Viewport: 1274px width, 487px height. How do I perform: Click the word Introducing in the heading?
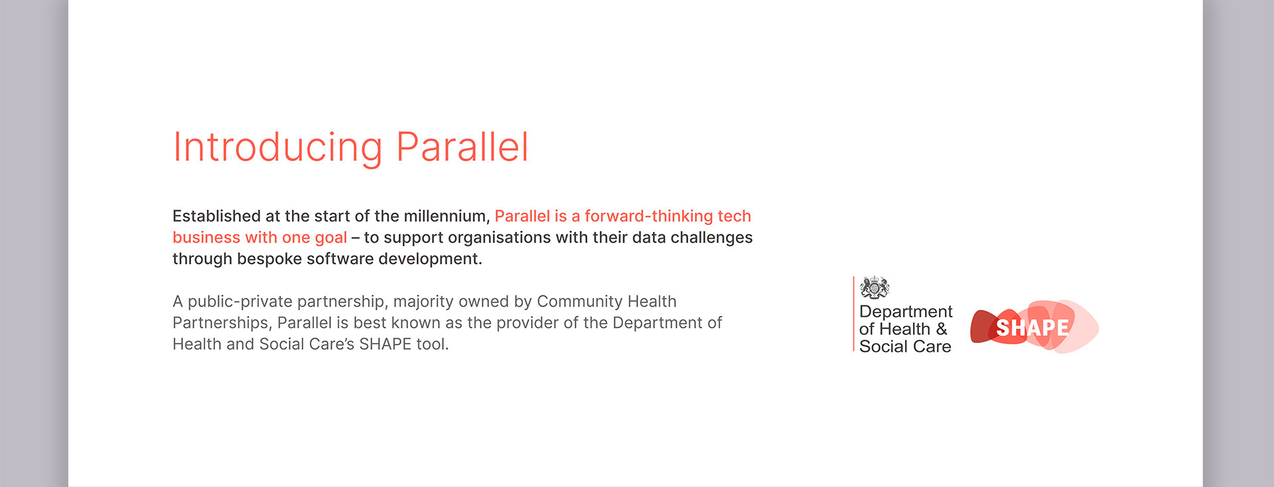click(x=277, y=147)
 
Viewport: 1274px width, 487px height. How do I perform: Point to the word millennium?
click(x=447, y=216)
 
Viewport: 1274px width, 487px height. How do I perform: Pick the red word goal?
click(x=330, y=238)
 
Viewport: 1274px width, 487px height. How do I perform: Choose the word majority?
click(x=423, y=302)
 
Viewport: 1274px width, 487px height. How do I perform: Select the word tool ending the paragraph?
click(x=432, y=344)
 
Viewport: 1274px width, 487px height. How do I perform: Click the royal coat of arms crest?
click(x=875, y=288)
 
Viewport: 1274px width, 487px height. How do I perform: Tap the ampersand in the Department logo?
click(x=941, y=329)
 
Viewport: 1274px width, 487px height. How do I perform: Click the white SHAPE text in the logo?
click(x=1032, y=328)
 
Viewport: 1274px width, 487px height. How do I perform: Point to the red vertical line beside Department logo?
click(x=853, y=314)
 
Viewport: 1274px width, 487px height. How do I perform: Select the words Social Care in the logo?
click(x=905, y=346)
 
